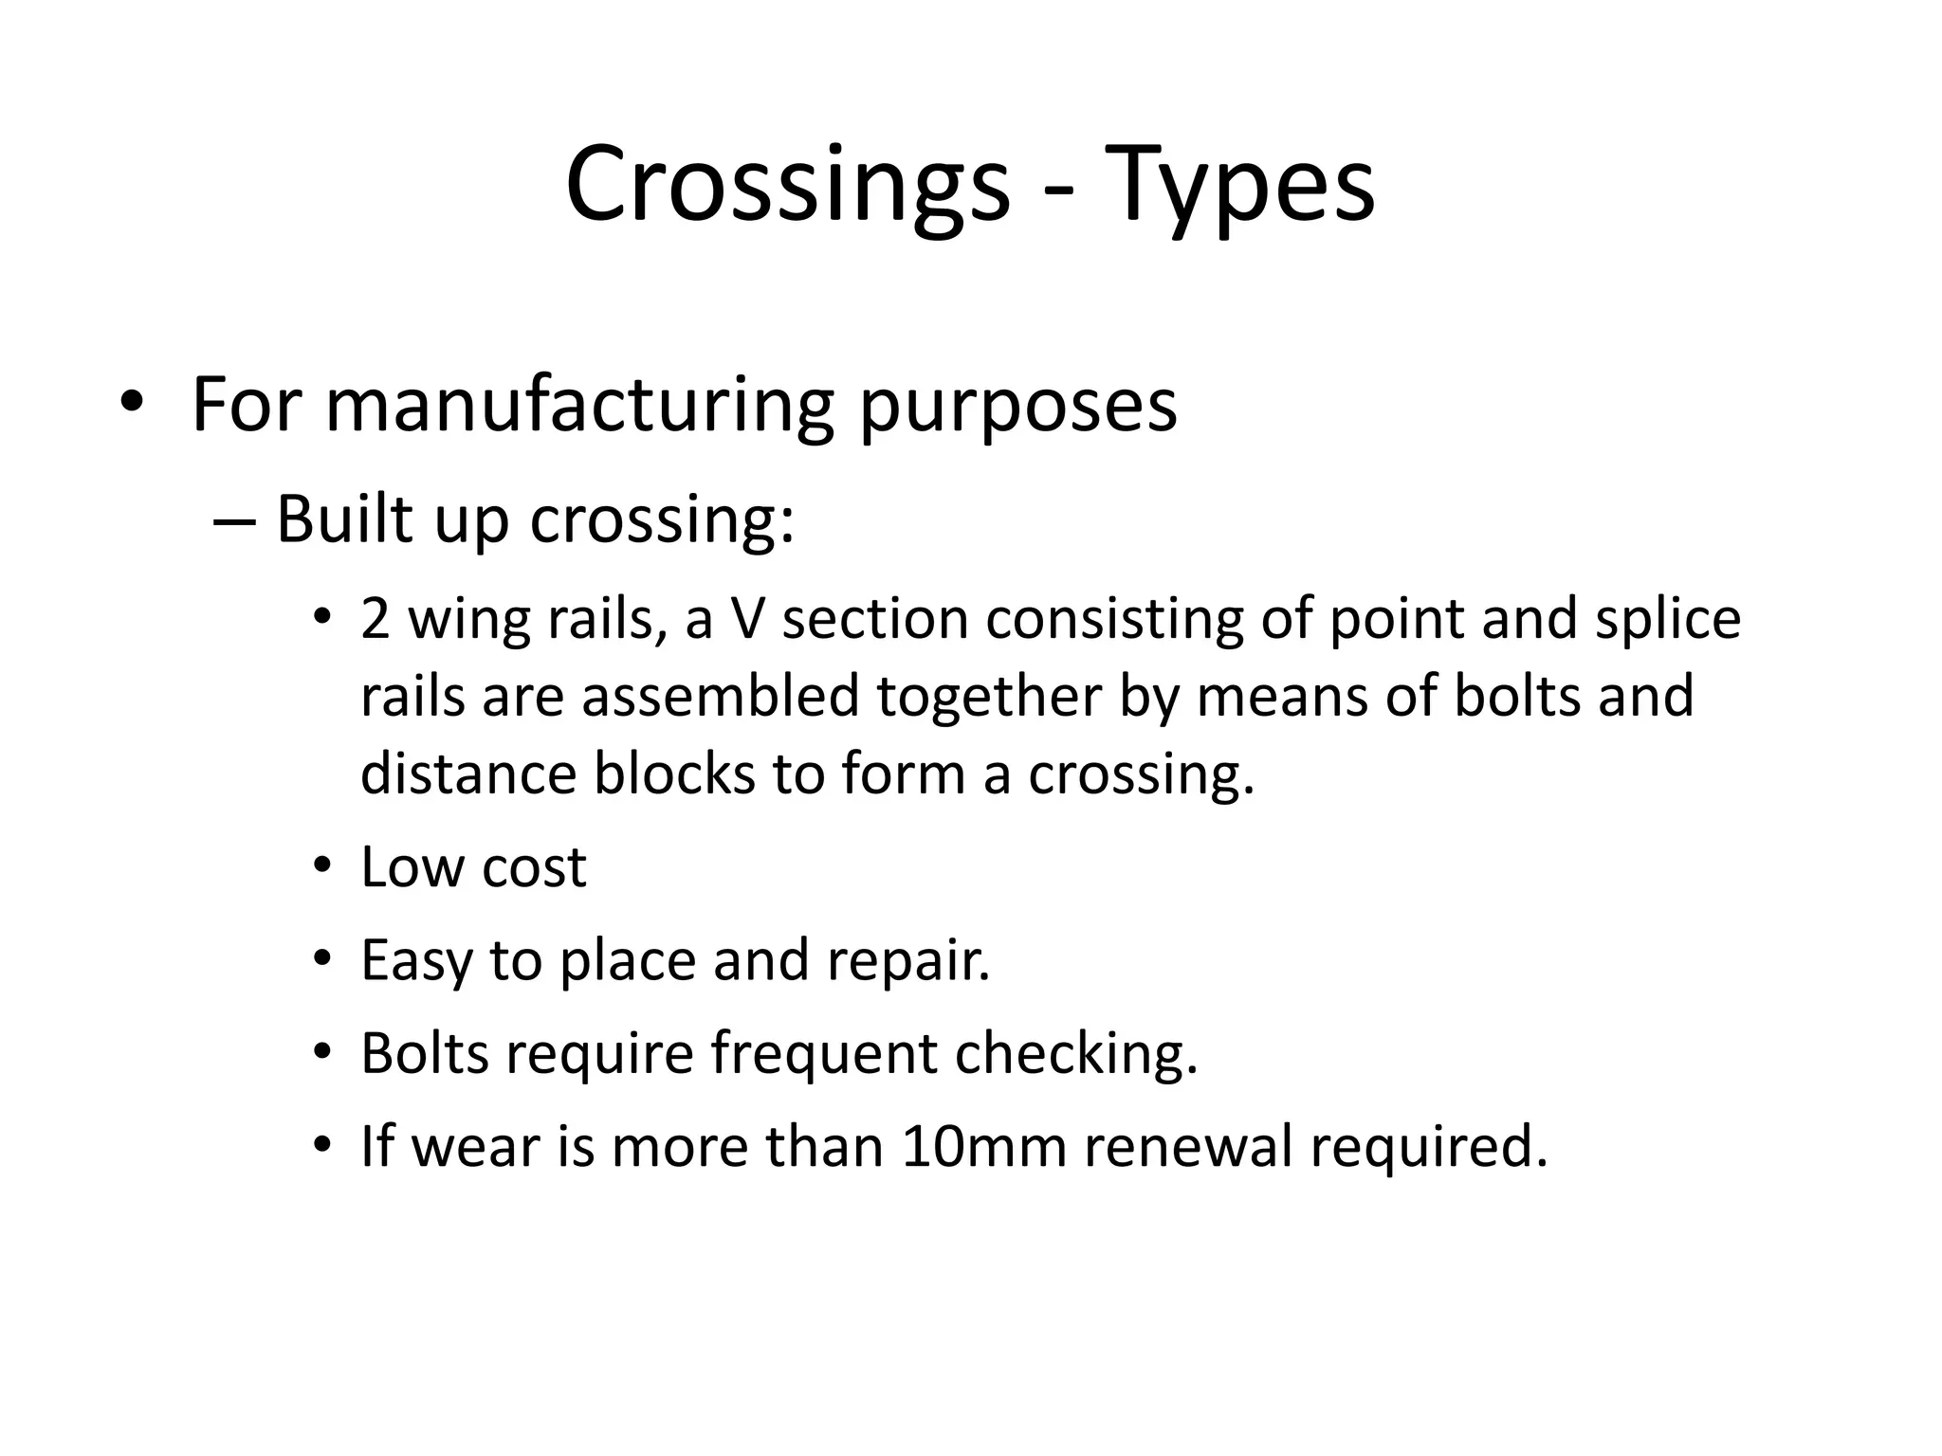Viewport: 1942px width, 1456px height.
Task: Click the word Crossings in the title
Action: point(787,185)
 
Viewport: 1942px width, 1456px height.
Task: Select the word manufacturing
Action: point(578,405)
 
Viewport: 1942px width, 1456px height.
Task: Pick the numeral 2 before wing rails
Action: point(376,619)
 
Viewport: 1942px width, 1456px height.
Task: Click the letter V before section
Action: point(747,619)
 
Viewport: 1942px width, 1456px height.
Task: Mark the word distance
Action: point(468,773)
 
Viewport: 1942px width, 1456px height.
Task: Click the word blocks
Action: point(674,773)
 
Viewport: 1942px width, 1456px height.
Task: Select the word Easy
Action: point(415,961)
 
